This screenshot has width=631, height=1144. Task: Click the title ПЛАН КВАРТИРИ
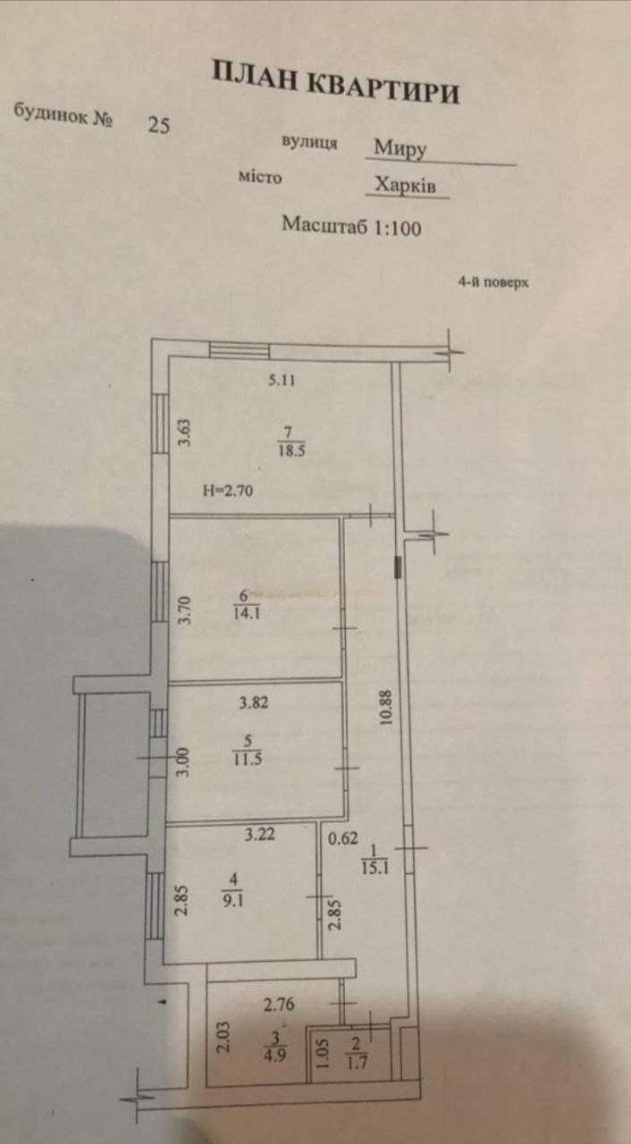coord(335,82)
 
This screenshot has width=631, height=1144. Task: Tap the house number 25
coord(159,124)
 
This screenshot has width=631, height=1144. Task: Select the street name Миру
coord(400,148)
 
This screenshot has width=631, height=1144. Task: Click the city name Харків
coord(406,184)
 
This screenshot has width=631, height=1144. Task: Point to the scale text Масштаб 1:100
coord(352,226)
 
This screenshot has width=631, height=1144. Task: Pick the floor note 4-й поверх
coord(493,282)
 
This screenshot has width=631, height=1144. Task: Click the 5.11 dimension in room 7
coord(282,380)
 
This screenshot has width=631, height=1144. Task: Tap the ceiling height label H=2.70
coord(228,491)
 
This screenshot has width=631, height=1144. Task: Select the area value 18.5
coord(292,451)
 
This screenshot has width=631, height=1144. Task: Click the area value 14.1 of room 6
coord(247,613)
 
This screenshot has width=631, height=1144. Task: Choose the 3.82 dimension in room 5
coord(254,702)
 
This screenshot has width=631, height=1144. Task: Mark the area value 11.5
coord(248,759)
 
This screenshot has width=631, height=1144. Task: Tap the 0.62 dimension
coord(343,838)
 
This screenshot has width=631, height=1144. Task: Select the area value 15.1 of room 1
coord(375,868)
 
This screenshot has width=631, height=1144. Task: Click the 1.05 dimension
coord(324,1054)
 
